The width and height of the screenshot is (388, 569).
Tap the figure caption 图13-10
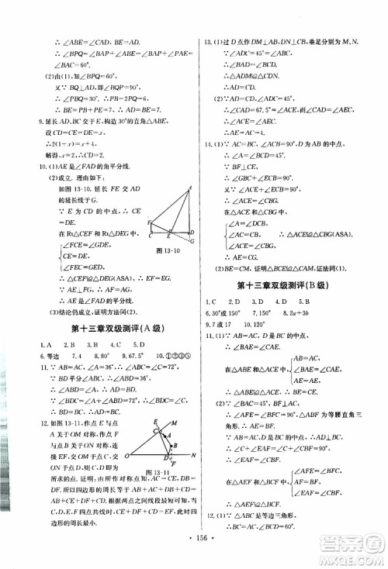click(x=167, y=250)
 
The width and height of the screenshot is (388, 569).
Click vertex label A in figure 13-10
click(x=189, y=188)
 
